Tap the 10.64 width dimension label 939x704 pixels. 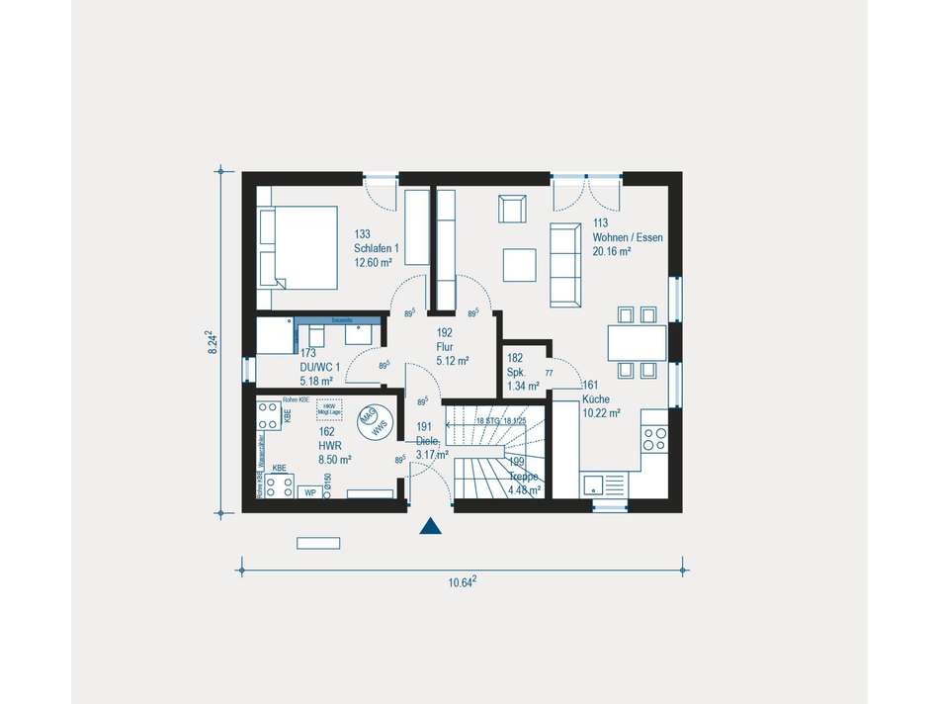pyautogui.click(x=462, y=582)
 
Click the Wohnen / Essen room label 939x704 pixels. pyautogui.click(x=628, y=237)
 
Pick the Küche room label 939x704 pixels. pyautogui.click(x=596, y=399)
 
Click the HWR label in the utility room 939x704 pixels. pyautogui.click(x=329, y=445)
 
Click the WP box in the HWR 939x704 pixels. pyautogui.click(x=310, y=491)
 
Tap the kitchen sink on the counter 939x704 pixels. pyautogui.click(x=595, y=484)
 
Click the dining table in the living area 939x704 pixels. pyautogui.click(x=637, y=343)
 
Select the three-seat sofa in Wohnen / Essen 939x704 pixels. pyautogui.click(x=565, y=263)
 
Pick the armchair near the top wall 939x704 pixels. pyautogui.click(x=513, y=210)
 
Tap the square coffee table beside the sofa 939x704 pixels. pyautogui.click(x=519, y=265)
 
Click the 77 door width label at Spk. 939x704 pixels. pyautogui.click(x=549, y=373)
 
